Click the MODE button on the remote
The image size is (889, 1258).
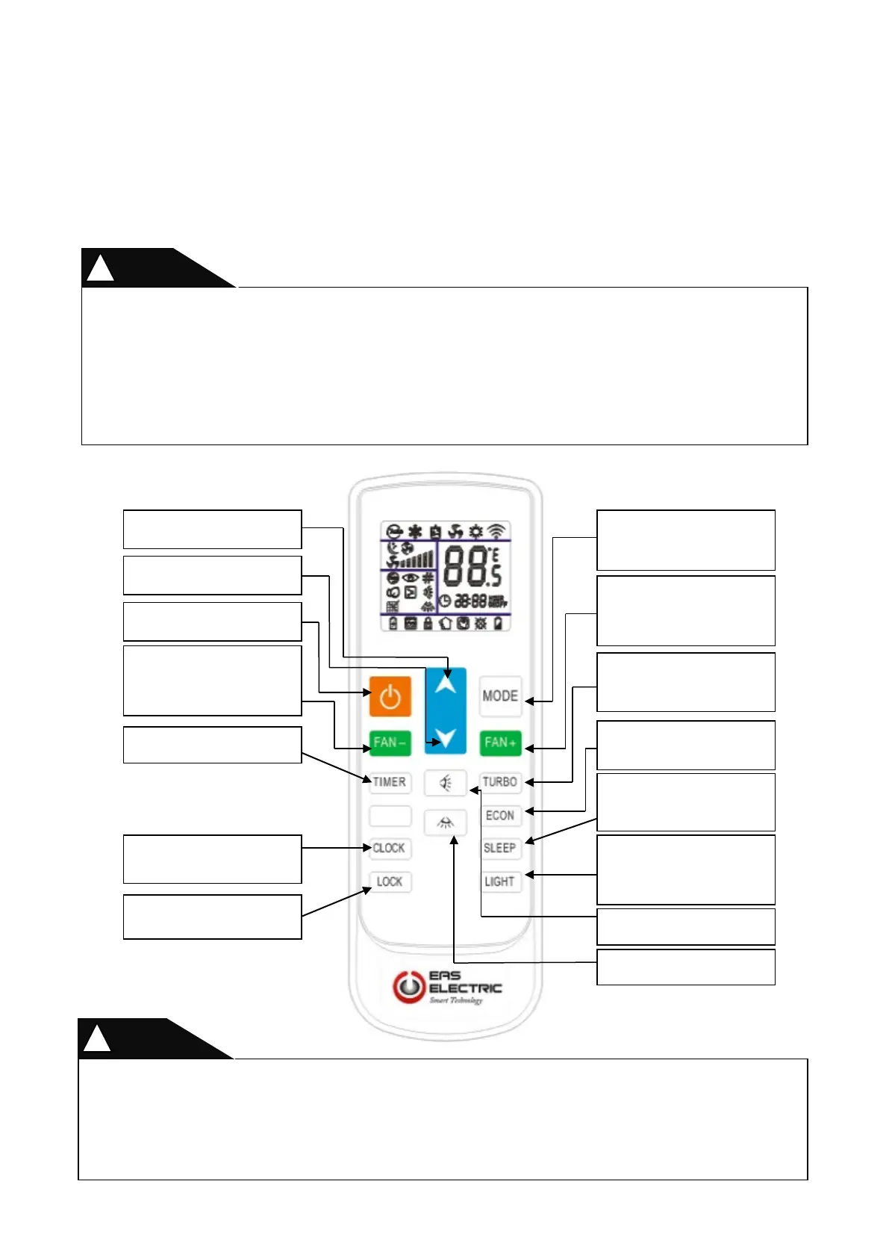click(500, 696)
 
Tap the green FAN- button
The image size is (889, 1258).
click(390, 743)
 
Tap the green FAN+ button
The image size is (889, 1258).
click(500, 743)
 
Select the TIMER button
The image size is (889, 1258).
click(390, 782)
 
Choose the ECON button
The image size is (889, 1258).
click(500, 816)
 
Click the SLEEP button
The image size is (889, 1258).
click(500, 849)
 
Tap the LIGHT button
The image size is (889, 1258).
click(500, 882)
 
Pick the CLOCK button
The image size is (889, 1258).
click(390, 849)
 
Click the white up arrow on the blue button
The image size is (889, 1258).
click(446, 683)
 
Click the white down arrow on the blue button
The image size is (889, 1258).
click(446, 738)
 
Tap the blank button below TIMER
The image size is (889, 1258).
click(390, 816)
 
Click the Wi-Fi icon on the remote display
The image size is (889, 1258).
click(496, 532)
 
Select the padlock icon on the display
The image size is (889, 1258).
click(428, 623)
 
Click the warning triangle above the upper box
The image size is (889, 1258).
click(100, 268)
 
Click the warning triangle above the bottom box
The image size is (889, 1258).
click(97, 1039)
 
